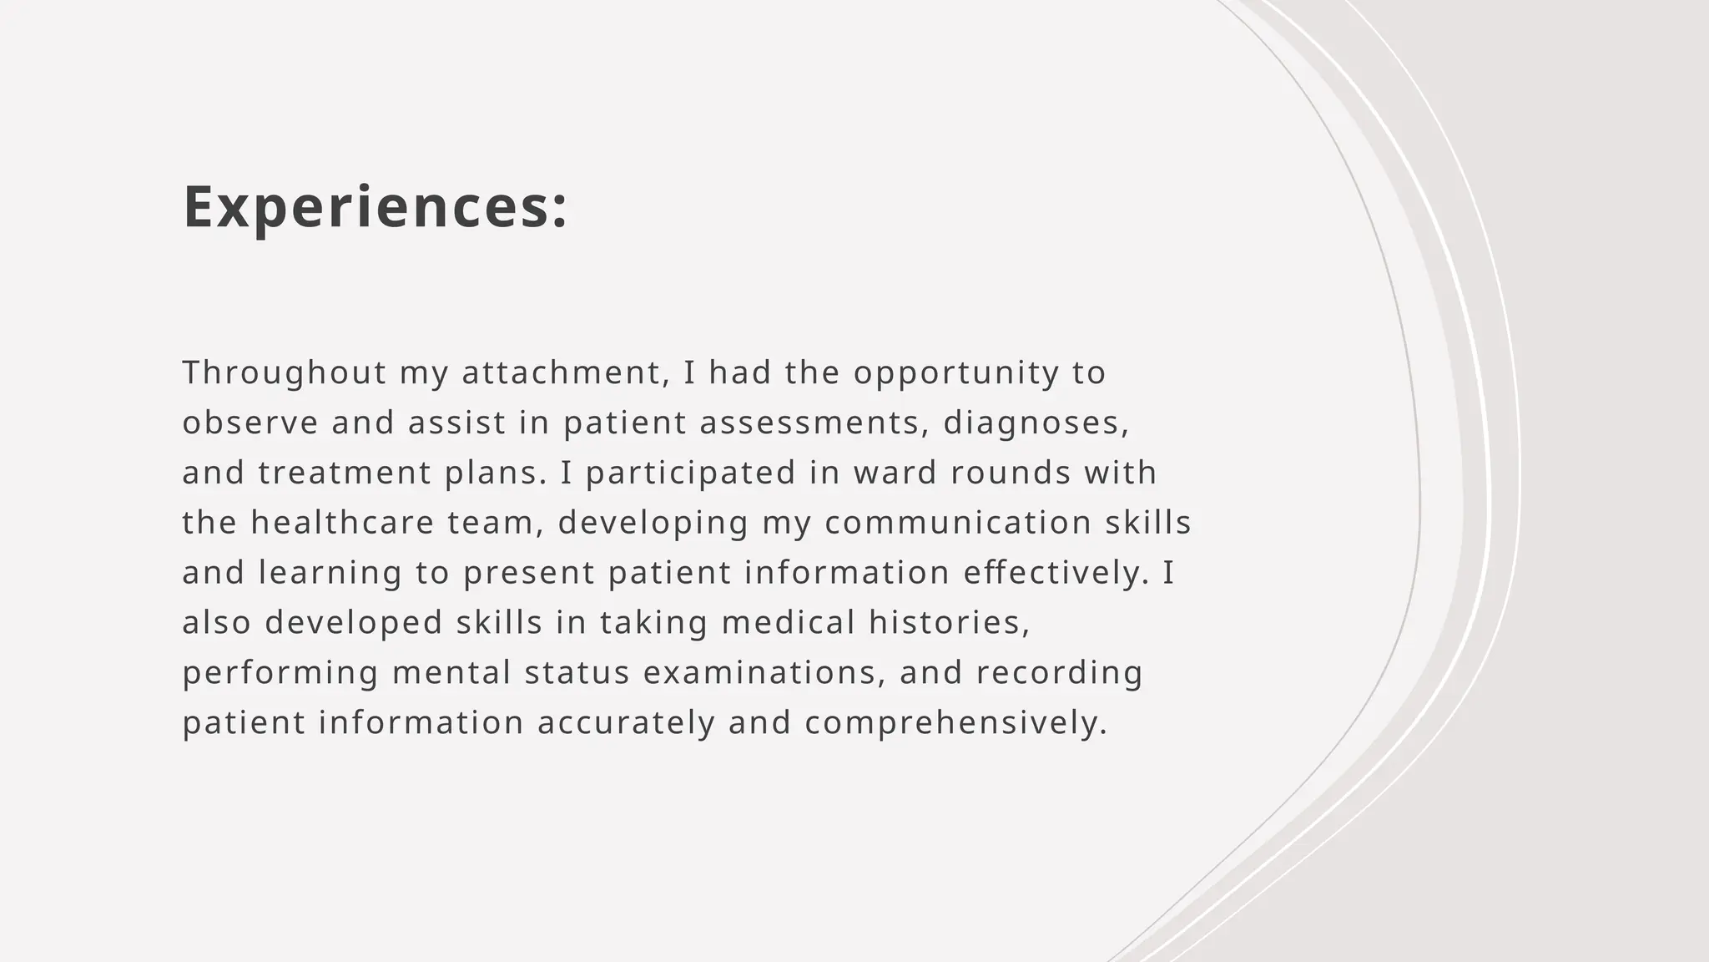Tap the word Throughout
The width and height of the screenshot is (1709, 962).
(285, 372)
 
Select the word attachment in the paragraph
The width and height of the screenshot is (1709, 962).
(565, 372)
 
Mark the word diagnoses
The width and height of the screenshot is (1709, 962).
(1036, 423)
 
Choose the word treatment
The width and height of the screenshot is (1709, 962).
(345, 473)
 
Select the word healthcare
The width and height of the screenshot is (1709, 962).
(343, 523)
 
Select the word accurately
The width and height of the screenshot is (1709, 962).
(627, 723)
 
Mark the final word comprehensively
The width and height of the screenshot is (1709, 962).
(956, 723)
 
